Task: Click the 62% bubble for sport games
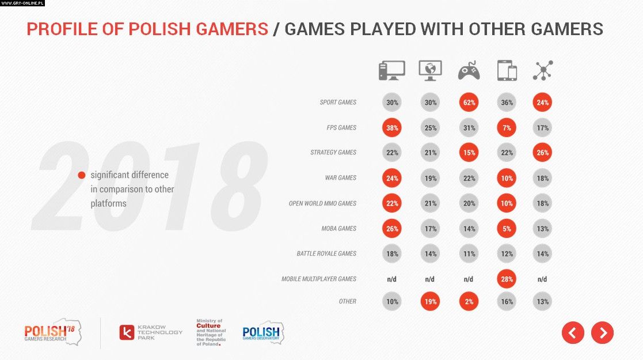469,103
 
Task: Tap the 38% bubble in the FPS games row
391,128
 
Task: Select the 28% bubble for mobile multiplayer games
507,279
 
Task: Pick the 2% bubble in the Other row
469,301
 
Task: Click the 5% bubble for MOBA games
507,229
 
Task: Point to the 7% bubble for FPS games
507,128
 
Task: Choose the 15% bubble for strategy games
469,153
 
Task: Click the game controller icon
469,71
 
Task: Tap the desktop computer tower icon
391,70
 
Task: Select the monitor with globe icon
430,70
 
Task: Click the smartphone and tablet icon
507,71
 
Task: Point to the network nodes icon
542,70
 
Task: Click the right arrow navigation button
602,332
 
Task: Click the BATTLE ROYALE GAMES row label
326,253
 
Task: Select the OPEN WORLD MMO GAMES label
322,203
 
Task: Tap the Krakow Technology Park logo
151,332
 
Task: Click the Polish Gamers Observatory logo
262,332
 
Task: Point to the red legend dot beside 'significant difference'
82,175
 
